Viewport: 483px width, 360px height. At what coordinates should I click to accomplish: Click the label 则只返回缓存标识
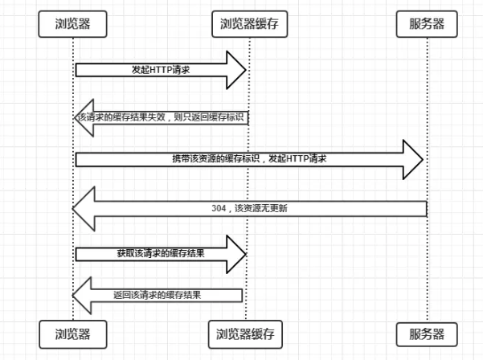(x=210, y=117)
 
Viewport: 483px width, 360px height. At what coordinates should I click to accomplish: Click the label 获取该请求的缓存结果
(x=160, y=253)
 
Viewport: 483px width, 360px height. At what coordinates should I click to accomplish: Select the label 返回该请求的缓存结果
(x=157, y=295)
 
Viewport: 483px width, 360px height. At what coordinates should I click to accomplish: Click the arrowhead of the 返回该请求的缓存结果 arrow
(x=80, y=295)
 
